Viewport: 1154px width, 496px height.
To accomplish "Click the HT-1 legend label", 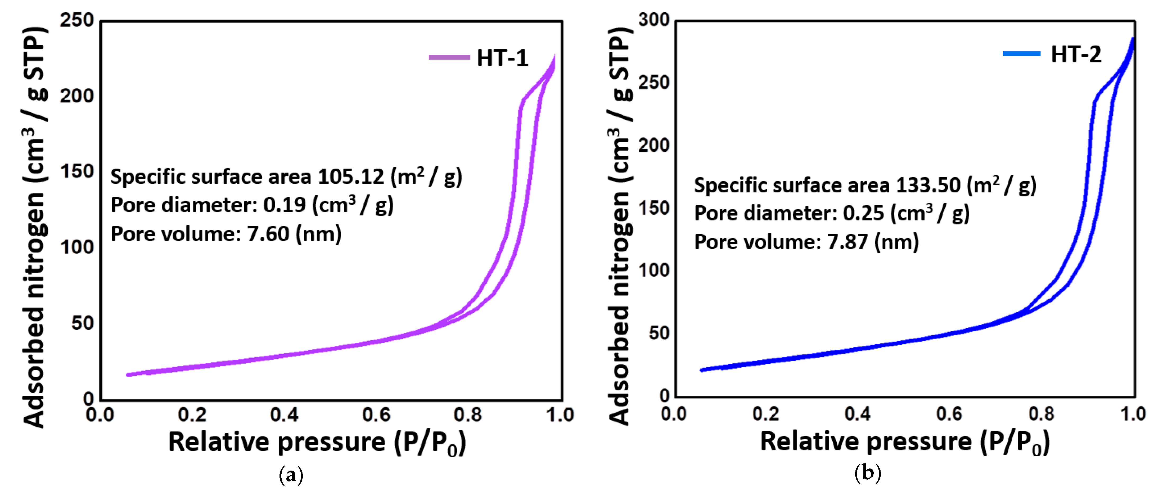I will point(502,58).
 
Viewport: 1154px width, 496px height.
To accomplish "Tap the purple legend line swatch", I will point(449,57).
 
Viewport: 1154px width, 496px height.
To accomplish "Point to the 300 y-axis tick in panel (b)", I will point(653,20).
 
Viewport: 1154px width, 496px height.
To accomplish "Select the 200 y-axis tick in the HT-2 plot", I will point(653,146).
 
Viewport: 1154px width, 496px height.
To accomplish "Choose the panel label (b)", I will point(868,473).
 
